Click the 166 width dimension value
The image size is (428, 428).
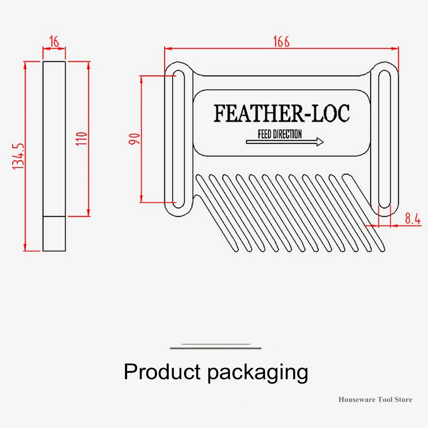pos(281,42)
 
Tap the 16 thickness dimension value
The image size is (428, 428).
pos(54,42)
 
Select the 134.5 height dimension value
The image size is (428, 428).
pos(18,156)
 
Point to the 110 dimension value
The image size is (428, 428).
pos(82,139)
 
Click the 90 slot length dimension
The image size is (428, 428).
pos(134,139)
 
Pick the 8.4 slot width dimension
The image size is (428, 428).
pos(413,218)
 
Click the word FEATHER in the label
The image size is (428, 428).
pos(258,113)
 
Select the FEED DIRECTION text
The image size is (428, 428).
pos(280,134)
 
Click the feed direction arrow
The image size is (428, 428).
pos(285,142)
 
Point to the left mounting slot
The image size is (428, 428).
pos(178,139)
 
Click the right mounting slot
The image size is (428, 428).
pos(385,139)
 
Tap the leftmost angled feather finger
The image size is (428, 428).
pos(216,213)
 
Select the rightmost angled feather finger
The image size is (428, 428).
pos(363,213)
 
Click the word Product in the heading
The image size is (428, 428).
pos(162,372)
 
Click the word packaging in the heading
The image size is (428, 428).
pos(258,373)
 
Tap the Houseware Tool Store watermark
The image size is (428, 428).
pos(375,400)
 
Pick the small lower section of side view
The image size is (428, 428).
pos(54,234)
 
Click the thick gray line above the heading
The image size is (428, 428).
pos(216,348)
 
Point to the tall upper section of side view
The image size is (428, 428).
pos(54,139)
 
